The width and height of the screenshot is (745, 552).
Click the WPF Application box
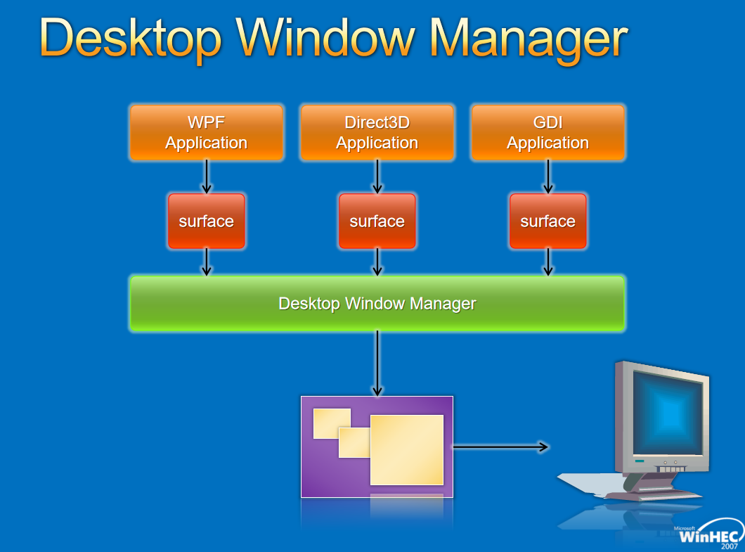[206, 132]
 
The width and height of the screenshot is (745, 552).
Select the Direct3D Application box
[377, 132]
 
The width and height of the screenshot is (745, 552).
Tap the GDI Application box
[548, 132]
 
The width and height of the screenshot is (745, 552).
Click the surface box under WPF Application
[206, 221]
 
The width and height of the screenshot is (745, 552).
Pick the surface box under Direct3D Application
[377, 221]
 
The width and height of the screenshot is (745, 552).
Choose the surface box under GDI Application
[548, 221]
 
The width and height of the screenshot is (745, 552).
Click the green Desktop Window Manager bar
[377, 303]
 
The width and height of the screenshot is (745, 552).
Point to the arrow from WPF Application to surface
[206, 177]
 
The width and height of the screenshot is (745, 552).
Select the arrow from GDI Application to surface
[548, 177]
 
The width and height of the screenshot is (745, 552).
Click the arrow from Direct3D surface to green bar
[377, 262]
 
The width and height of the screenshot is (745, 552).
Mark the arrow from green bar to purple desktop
[377, 364]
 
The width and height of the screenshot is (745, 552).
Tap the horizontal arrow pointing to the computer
[501, 447]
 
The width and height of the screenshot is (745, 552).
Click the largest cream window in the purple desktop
[407, 450]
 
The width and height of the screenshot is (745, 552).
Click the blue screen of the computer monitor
[668, 413]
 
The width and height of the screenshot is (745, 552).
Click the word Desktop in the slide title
[131, 39]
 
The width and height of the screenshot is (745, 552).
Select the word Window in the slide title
[326, 37]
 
